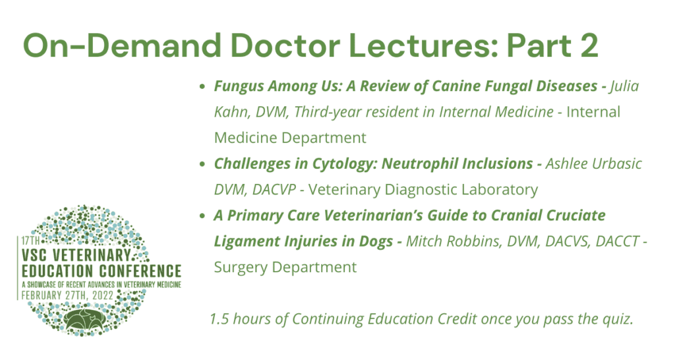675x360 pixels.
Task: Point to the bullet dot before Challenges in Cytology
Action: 202,164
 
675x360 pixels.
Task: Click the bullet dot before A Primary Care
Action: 202,216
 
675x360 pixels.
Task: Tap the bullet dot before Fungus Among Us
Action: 202,86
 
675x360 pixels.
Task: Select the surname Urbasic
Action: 618,164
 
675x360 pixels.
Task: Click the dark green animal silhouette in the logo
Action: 86,318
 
